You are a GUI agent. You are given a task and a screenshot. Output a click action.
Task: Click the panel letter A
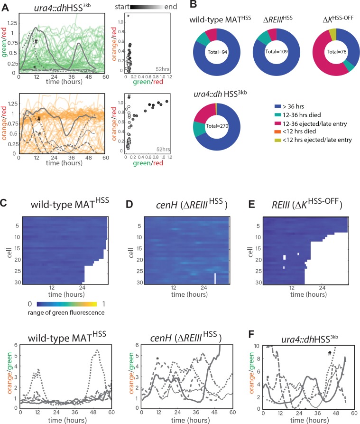click(x=4, y=4)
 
